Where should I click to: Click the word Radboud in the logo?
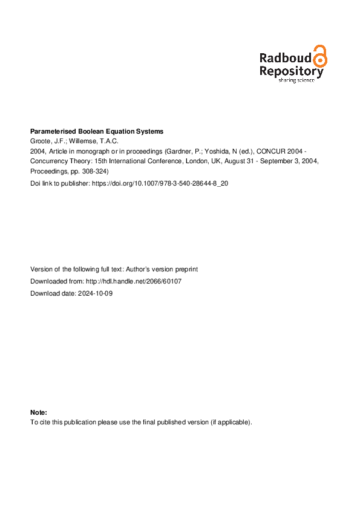pyautogui.click(x=285, y=58)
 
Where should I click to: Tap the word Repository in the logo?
pyautogui.click(x=291, y=71)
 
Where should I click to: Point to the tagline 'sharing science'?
pyautogui.click(x=296, y=80)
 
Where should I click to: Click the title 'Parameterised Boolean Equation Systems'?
pyautogui.click(x=97, y=131)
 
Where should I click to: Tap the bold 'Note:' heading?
pyautogui.click(x=38, y=412)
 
